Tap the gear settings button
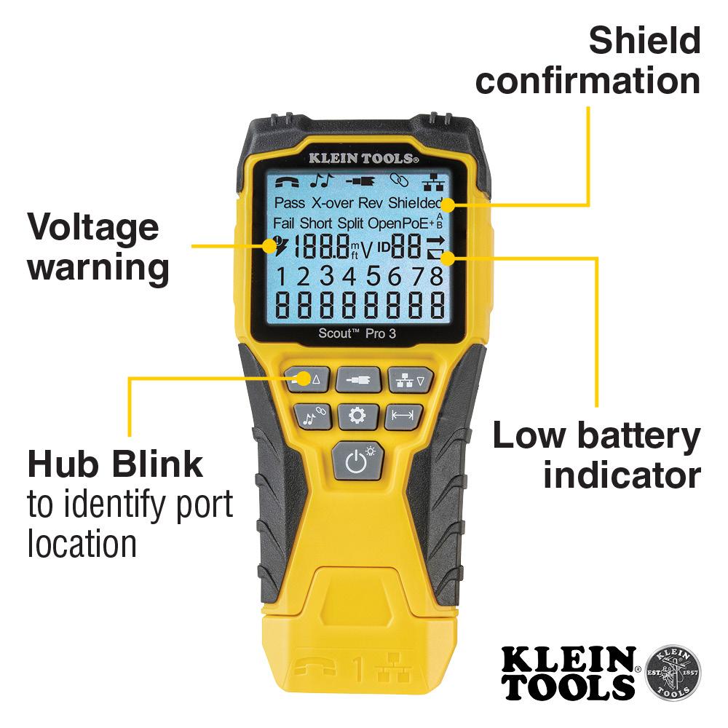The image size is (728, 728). click(357, 416)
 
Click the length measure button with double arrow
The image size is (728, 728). click(403, 416)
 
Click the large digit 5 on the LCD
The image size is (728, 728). click(374, 277)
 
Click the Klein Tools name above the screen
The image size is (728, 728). click(362, 157)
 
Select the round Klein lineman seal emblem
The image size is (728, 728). click(673, 672)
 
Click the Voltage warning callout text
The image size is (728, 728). click(98, 248)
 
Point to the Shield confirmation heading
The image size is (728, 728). click(588, 61)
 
